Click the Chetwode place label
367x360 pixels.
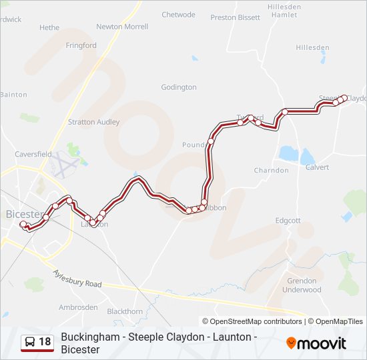click(178, 15)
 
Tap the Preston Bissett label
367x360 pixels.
click(235, 18)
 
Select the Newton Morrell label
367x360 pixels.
click(122, 27)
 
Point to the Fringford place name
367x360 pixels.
click(81, 45)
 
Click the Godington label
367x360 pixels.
click(179, 87)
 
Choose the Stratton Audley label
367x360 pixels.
click(94, 122)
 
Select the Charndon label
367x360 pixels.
click(271, 170)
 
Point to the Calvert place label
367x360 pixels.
click(317, 167)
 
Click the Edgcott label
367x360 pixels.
click(288, 221)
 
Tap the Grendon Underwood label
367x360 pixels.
click(302, 285)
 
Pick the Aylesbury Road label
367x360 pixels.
click(78, 279)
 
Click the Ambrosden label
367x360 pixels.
click(78, 307)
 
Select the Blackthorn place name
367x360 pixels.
click(125, 311)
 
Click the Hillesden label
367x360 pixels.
click(313, 47)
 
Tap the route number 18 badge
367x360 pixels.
click(45, 342)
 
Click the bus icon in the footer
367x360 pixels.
click(30, 342)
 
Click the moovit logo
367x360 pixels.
click(316, 343)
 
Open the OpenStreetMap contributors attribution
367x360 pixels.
click(256, 321)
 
